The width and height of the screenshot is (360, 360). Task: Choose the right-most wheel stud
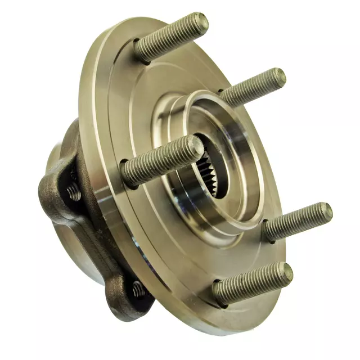click(x=298, y=222)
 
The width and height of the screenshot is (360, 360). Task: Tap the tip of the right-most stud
click(x=325, y=212)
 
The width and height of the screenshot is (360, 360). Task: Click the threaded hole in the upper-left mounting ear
click(x=73, y=192)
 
